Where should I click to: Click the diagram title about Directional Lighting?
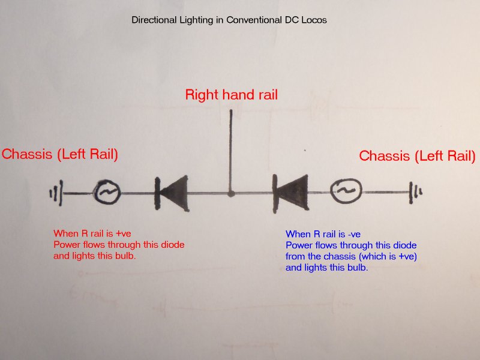tap(229, 20)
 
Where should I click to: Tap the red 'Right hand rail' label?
tap(231, 95)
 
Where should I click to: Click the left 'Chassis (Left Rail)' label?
tap(60, 154)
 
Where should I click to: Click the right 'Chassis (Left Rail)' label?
tap(417, 156)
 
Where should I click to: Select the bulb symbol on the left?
tap(107, 193)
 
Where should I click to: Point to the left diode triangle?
tap(172, 193)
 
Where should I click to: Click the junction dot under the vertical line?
tap(231, 194)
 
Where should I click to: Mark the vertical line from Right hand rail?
tap(231, 150)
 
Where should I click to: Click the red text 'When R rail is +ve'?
tap(92, 233)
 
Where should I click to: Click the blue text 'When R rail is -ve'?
tap(324, 235)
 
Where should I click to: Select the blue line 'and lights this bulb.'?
tap(327, 268)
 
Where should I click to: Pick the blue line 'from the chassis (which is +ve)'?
tap(351, 257)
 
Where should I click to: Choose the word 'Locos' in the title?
tap(313, 20)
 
